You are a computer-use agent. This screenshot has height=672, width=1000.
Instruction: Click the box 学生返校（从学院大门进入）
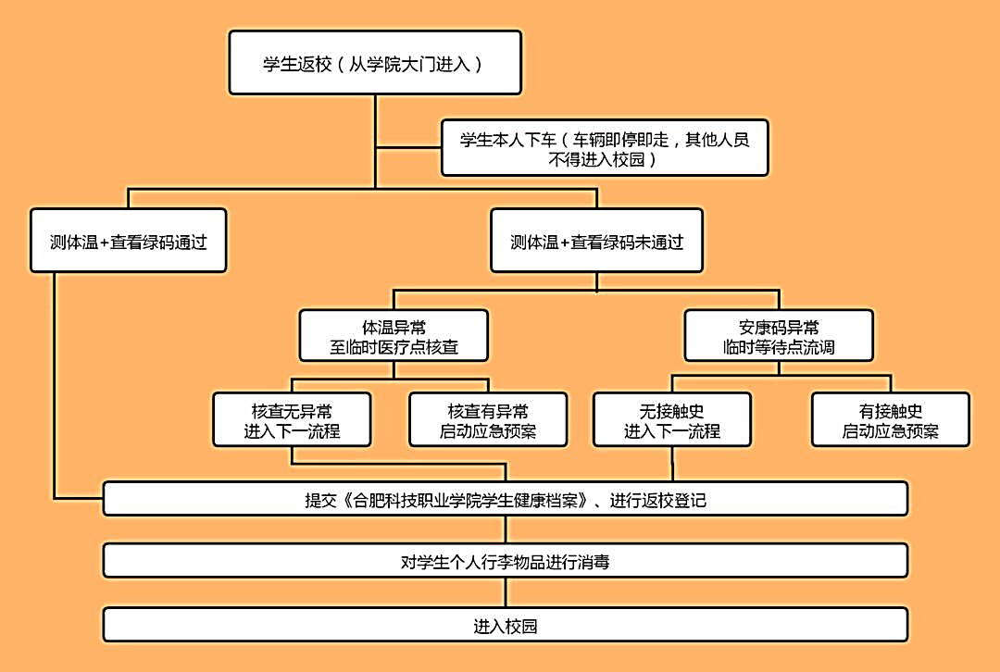[x=374, y=63]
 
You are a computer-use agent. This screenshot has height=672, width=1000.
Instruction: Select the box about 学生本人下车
[x=605, y=148]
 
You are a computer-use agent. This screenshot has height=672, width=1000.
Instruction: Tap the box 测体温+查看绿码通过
[x=128, y=242]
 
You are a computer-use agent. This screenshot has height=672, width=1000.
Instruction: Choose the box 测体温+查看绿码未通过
[x=596, y=242]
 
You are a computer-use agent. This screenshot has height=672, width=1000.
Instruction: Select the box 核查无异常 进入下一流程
[x=292, y=420]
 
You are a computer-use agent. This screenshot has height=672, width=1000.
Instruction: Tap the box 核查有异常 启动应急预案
[x=488, y=420]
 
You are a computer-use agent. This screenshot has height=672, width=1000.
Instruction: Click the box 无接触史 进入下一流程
[x=672, y=420]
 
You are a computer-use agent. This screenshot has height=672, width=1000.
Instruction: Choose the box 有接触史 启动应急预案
[x=891, y=420]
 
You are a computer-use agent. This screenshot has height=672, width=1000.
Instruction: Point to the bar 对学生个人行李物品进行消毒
[x=505, y=561]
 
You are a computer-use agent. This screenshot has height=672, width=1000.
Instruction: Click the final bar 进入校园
[x=505, y=626]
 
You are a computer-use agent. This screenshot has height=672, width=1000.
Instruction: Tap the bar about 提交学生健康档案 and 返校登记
[x=505, y=500]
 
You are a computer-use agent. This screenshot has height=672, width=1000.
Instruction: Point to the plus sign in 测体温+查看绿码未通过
[x=565, y=243]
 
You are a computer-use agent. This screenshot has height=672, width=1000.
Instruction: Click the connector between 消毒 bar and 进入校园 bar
[x=505, y=593]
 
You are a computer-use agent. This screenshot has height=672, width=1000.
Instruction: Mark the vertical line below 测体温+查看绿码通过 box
[x=55, y=380]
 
